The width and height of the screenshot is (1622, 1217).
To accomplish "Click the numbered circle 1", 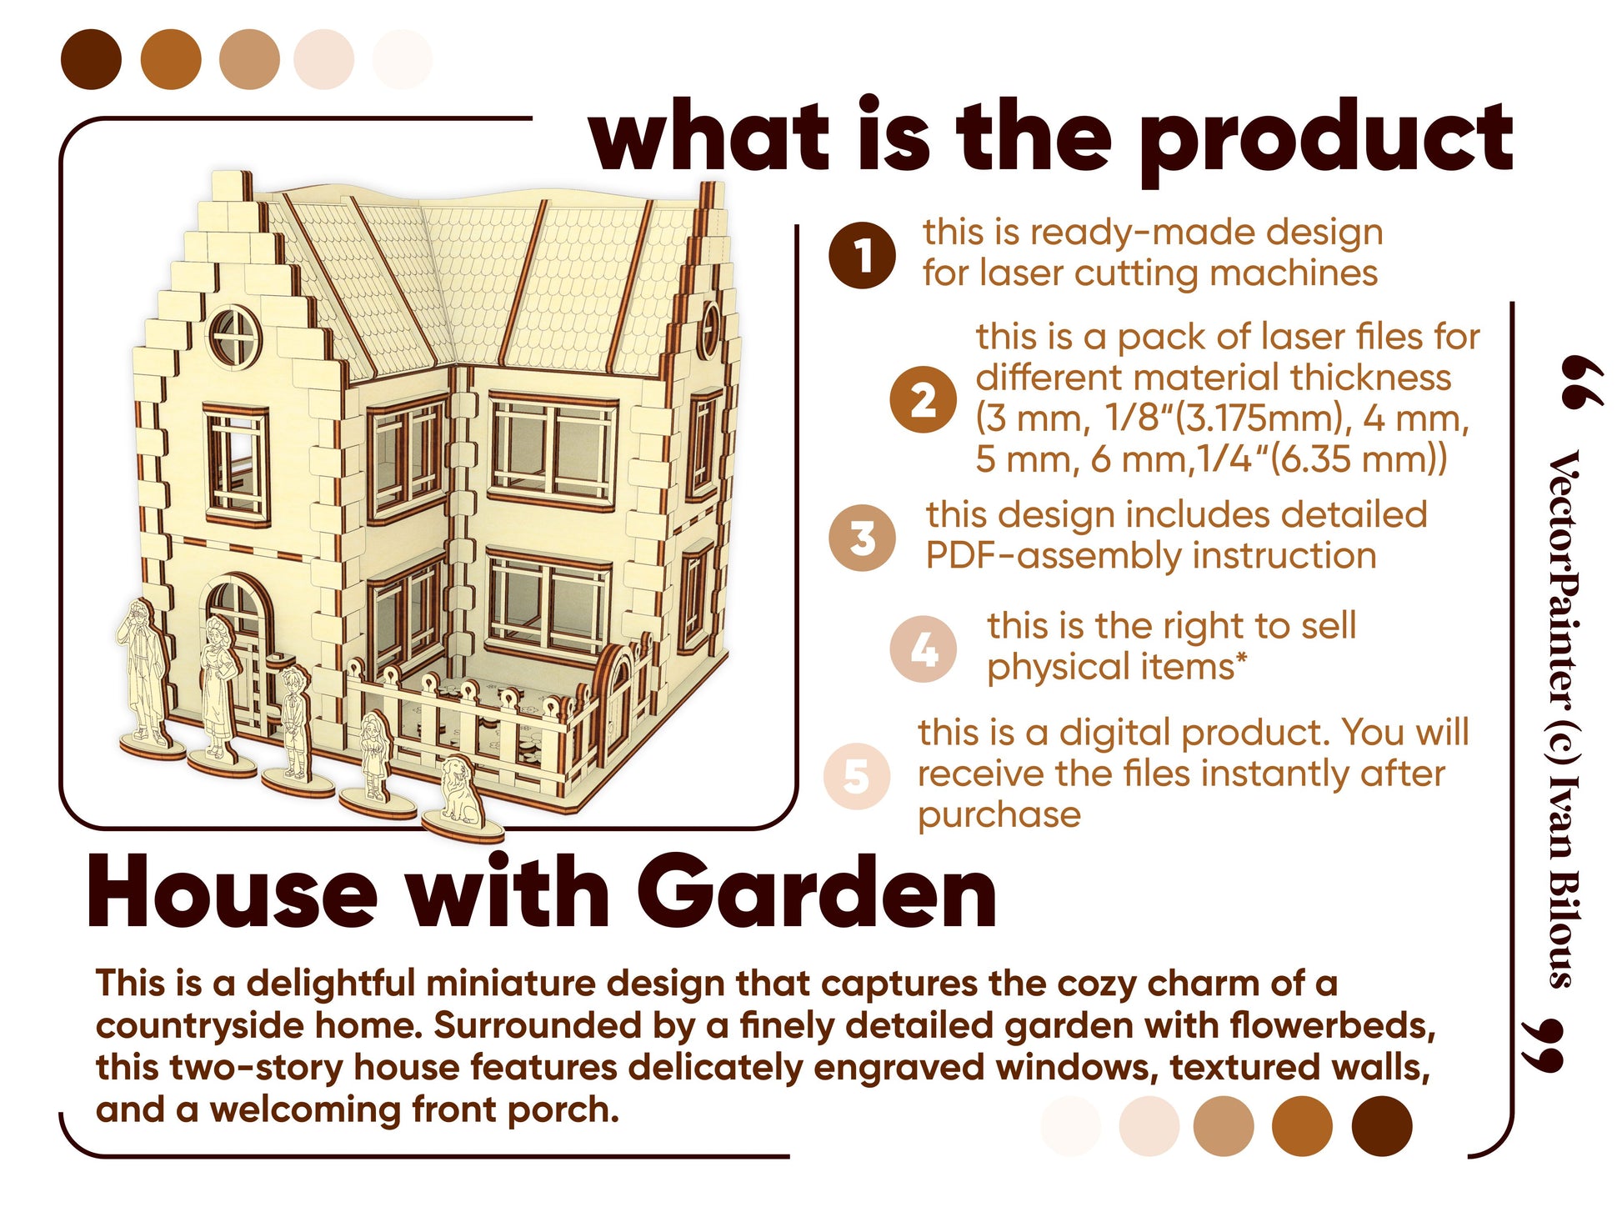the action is pyautogui.click(x=862, y=255).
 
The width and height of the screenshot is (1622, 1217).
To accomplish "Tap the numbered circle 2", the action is pyautogui.click(x=922, y=399).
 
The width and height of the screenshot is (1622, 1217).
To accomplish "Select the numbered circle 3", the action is pyautogui.click(x=862, y=538).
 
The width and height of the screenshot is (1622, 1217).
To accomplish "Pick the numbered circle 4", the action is pyautogui.click(x=923, y=649).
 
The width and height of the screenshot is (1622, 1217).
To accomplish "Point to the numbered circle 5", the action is pyautogui.click(x=856, y=776).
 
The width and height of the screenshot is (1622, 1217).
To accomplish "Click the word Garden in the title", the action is pyautogui.click(x=817, y=893).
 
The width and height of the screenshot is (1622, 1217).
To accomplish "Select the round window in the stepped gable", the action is pyautogui.click(x=234, y=335).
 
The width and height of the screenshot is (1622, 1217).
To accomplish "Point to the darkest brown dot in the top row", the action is pyautogui.click(x=91, y=59).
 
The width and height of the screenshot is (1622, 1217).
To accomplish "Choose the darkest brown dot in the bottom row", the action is pyautogui.click(x=1382, y=1126).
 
